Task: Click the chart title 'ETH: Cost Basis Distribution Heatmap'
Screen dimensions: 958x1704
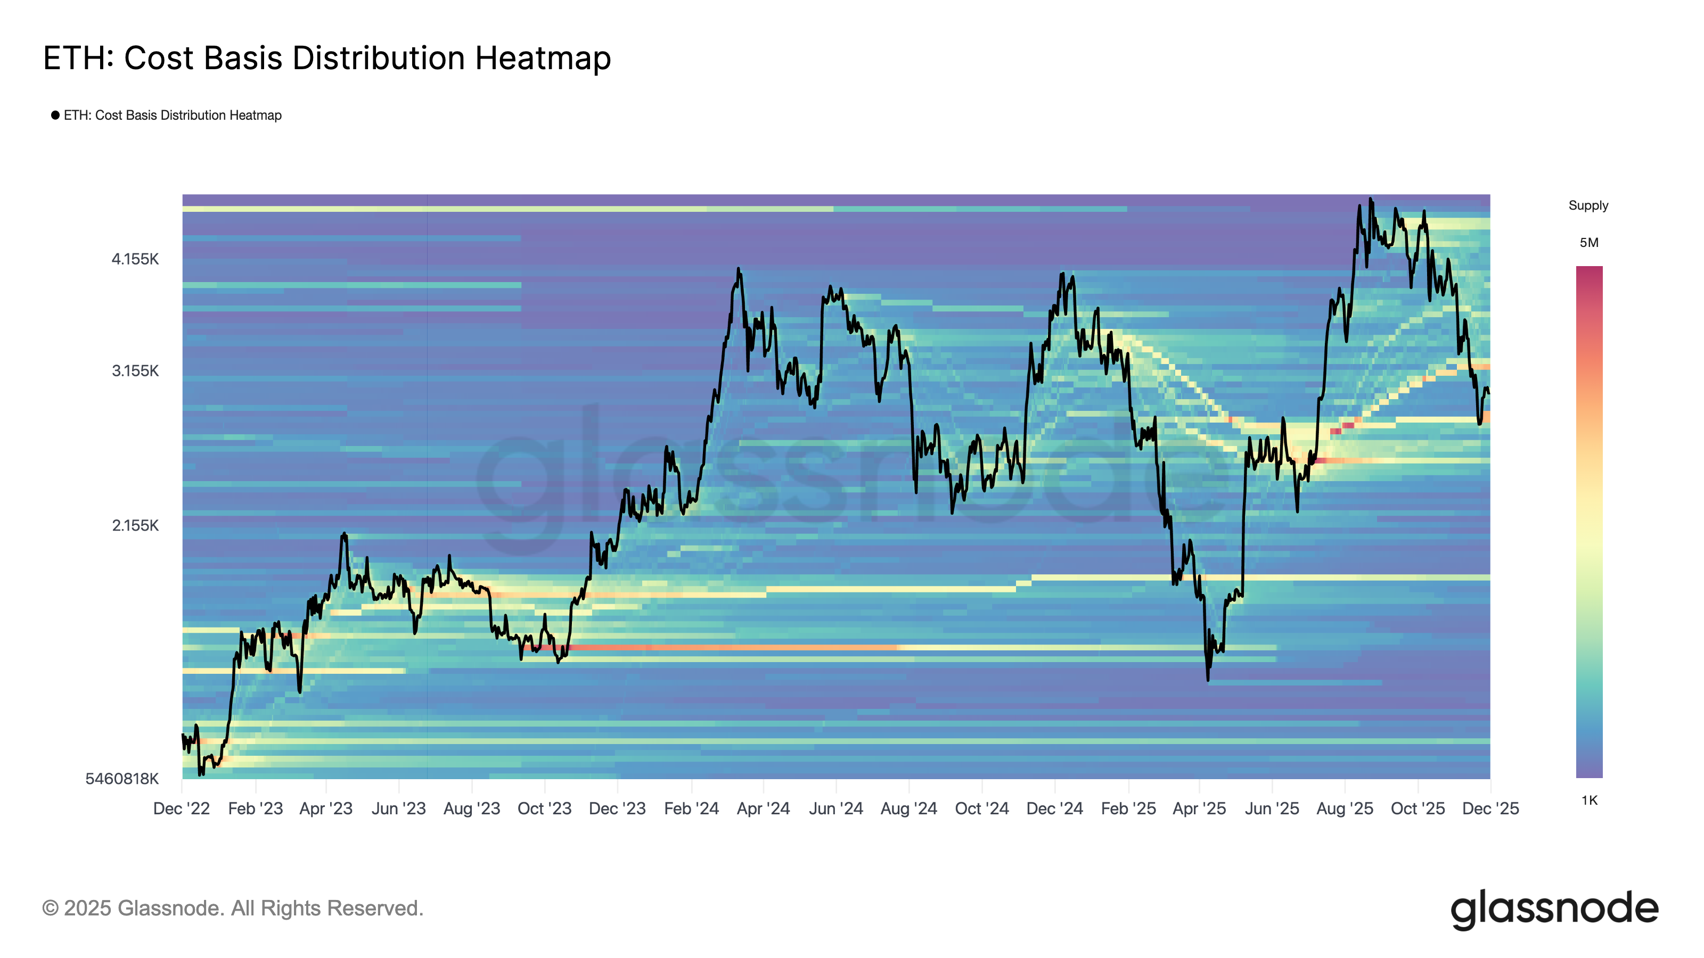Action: click(x=327, y=58)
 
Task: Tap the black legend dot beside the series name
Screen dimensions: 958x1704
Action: click(x=55, y=115)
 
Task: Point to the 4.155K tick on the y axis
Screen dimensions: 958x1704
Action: click(x=135, y=259)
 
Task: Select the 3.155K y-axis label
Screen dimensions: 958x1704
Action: click(x=135, y=371)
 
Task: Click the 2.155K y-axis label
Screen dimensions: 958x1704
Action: click(x=135, y=526)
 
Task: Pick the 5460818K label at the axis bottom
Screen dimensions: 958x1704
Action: click(x=122, y=779)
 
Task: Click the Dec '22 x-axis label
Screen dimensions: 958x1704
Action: click(x=181, y=808)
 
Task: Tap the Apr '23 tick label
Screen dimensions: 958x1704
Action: click(x=326, y=808)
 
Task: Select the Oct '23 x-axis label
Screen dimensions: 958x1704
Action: click(x=544, y=808)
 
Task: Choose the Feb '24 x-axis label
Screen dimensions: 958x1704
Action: click(x=691, y=808)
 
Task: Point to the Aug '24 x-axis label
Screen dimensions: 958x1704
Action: click(x=909, y=808)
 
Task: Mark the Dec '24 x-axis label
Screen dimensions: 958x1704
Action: click(x=1054, y=808)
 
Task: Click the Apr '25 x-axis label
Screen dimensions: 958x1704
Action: click(x=1199, y=808)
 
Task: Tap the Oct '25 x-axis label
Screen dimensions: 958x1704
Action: click(x=1418, y=808)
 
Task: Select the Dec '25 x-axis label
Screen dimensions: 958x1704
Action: click(x=1490, y=808)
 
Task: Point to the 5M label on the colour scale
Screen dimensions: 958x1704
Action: click(x=1589, y=243)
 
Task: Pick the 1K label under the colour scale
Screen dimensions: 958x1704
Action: click(x=1589, y=800)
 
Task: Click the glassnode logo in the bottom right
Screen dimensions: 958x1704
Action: click(x=1554, y=909)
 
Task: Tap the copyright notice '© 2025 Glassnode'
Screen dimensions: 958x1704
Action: click(x=232, y=909)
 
